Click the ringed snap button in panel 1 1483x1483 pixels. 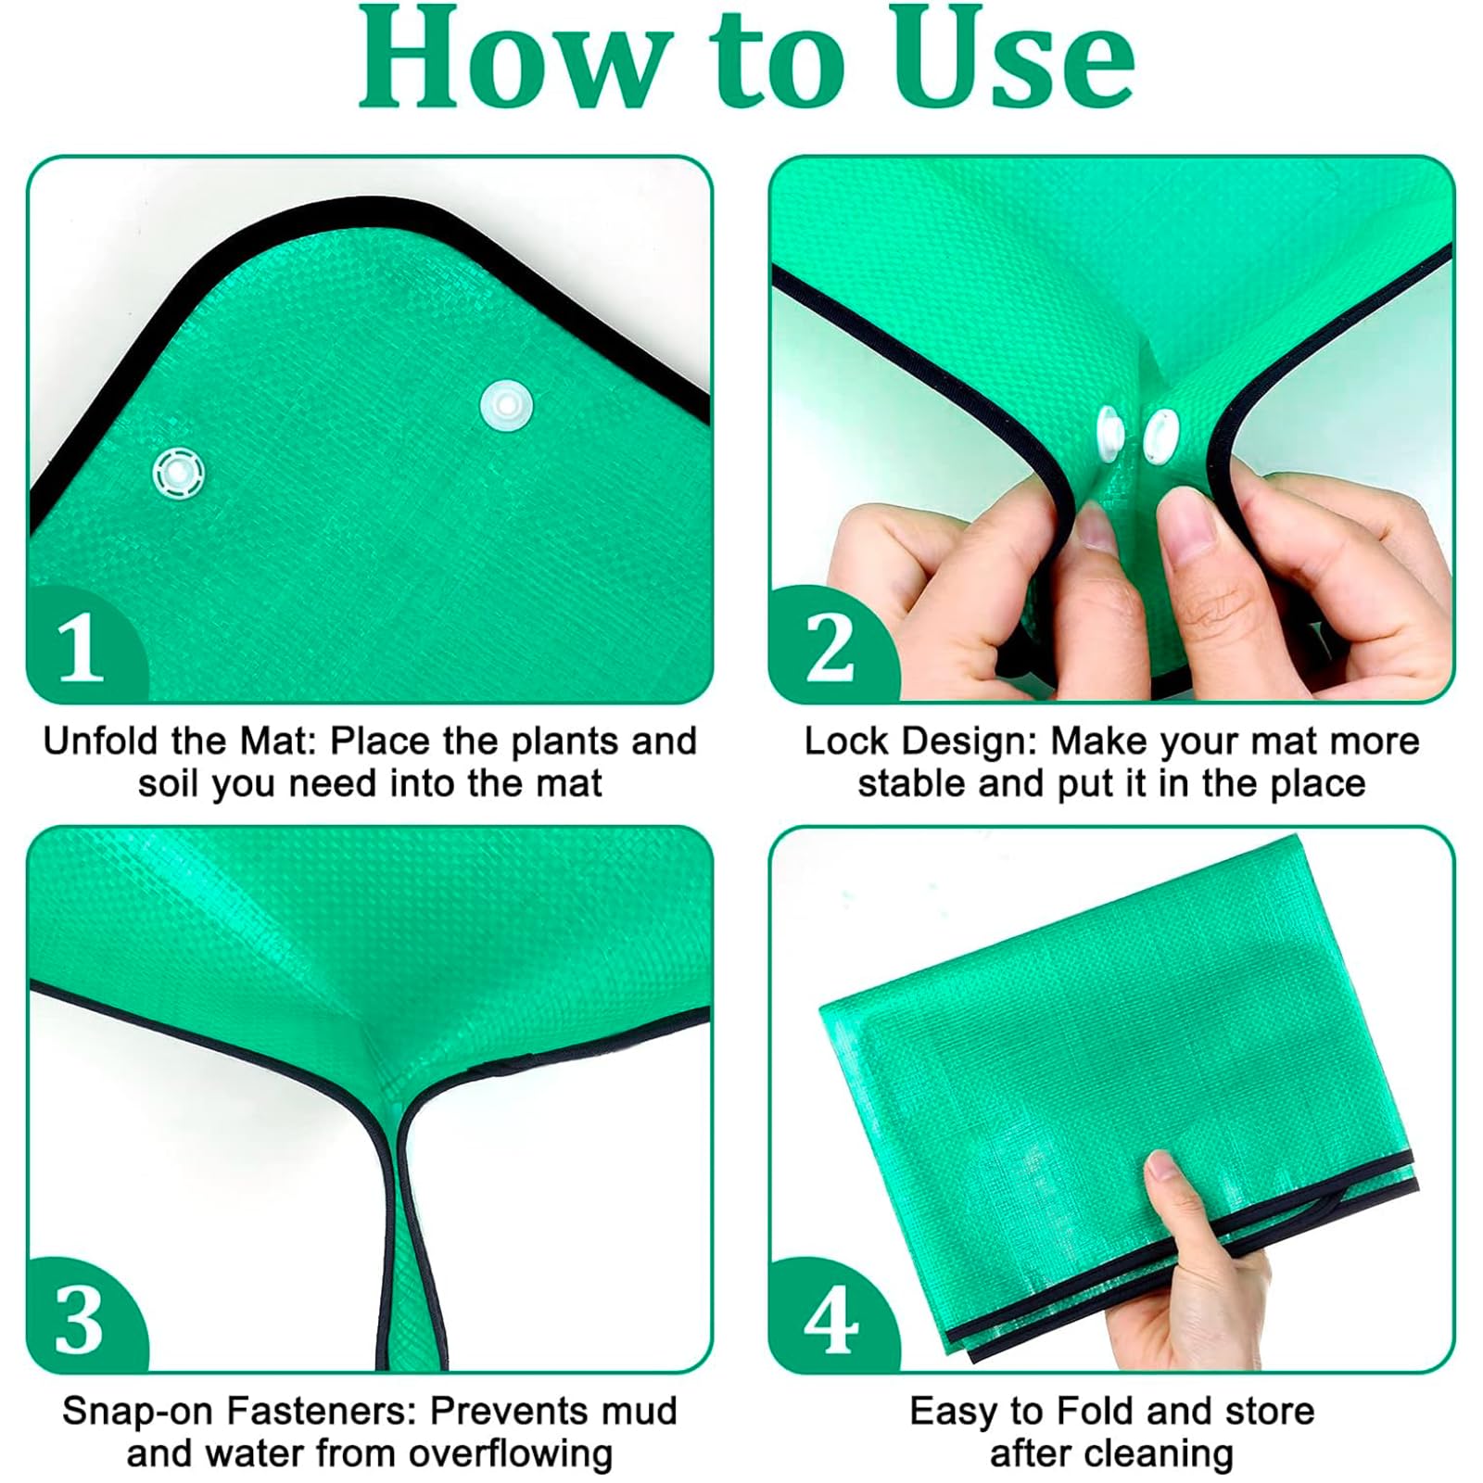(179, 473)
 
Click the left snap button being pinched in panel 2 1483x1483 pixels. (1109, 436)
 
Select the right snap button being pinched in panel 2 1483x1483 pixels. (1161, 436)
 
